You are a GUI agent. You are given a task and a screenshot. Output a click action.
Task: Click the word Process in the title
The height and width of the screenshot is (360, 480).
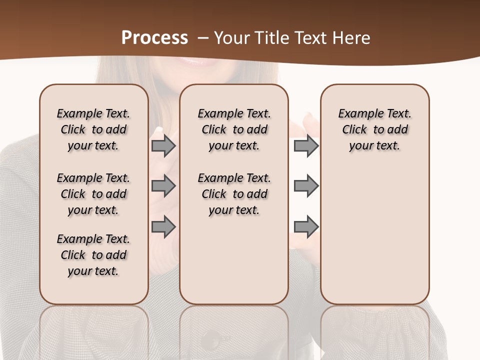(154, 38)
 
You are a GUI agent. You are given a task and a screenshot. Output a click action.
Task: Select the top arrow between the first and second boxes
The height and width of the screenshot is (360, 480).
(163, 146)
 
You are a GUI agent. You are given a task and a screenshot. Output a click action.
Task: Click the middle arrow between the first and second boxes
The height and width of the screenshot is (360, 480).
(163, 186)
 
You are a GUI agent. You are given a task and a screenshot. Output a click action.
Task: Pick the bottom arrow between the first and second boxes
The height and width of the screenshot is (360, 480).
(163, 226)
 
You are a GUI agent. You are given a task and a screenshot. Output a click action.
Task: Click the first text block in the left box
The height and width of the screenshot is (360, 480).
(93, 129)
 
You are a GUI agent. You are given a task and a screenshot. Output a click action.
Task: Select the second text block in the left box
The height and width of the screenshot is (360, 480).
(93, 194)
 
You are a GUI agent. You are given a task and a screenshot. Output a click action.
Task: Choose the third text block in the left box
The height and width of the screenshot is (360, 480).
(93, 255)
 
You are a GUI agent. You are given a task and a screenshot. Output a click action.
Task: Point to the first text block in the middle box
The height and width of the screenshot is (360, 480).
(234, 129)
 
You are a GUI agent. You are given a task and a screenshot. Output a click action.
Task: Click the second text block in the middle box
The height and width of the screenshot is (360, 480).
(234, 194)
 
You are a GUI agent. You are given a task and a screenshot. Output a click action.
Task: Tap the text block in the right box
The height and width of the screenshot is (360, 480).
(374, 129)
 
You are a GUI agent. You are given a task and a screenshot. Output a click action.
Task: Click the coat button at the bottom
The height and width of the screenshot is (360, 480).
(212, 341)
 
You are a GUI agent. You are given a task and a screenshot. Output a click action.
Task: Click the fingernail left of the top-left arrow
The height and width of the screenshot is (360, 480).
(159, 129)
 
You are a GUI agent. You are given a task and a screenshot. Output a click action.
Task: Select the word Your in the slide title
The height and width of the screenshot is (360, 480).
(231, 38)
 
